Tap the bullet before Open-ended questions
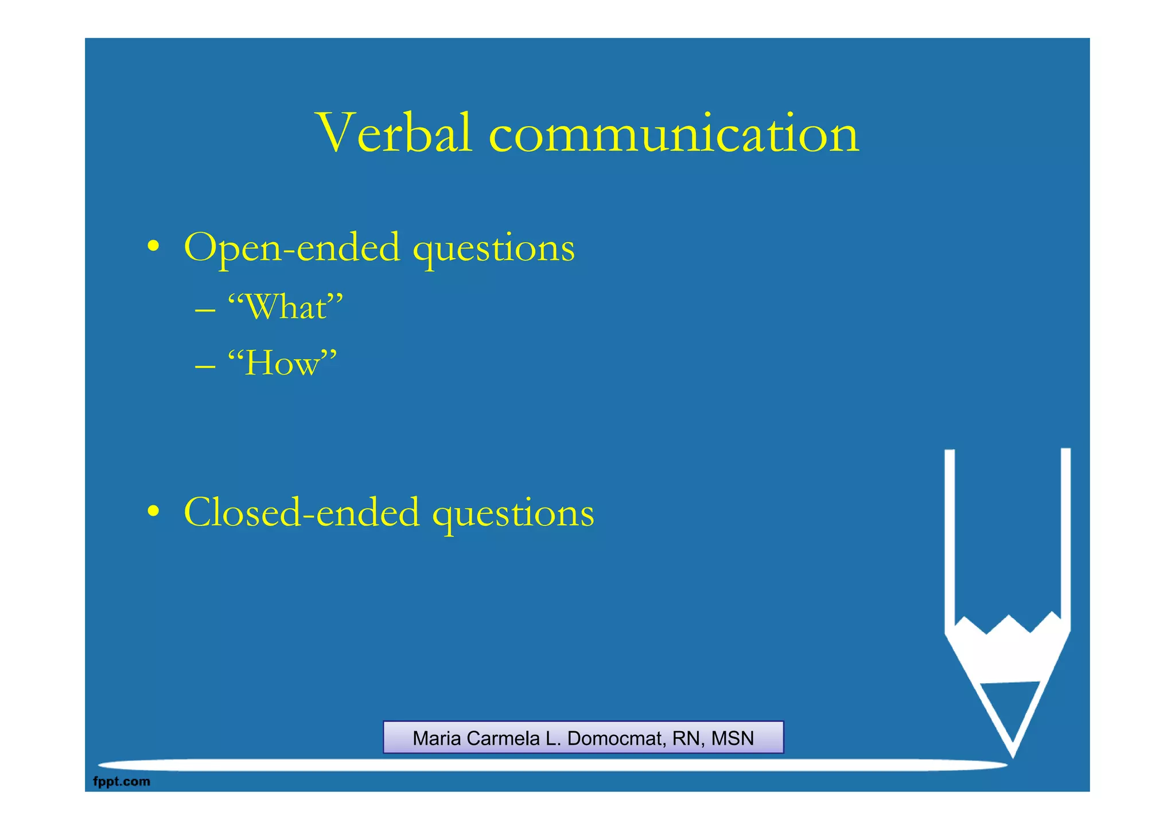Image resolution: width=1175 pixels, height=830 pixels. (153, 247)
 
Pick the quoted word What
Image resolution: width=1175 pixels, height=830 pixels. (285, 307)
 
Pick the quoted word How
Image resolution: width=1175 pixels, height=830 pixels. (282, 363)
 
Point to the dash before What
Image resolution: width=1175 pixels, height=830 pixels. (205, 310)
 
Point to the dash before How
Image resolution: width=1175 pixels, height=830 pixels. (205, 366)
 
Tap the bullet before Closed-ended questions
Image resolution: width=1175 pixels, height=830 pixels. (153, 511)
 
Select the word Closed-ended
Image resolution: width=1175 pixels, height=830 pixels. (301, 512)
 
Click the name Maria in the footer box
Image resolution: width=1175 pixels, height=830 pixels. (437, 738)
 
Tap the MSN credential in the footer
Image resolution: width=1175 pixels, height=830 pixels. (732, 738)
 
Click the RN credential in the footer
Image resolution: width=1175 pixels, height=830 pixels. (685, 738)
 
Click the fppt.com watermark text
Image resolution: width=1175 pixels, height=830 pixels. (122, 781)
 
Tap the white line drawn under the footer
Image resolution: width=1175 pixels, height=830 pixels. (551, 765)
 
